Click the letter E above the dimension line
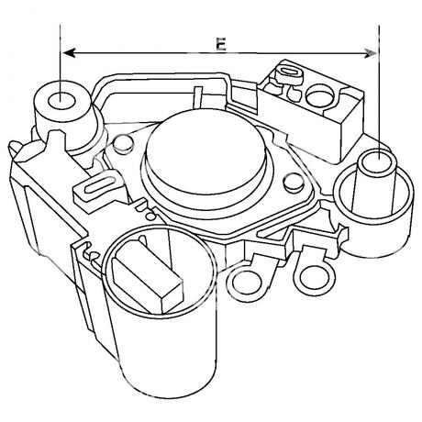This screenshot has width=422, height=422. (220, 45)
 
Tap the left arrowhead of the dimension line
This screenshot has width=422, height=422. (69, 53)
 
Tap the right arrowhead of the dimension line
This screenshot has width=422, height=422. (371, 53)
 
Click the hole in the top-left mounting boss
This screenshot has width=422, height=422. (61, 100)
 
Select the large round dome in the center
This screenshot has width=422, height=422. (205, 150)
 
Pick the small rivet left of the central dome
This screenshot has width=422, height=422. (123, 144)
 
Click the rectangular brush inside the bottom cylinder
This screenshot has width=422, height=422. (147, 275)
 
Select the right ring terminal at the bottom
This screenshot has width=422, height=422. (315, 277)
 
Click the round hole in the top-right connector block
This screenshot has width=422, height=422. (320, 95)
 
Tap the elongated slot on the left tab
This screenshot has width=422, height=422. (98, 186)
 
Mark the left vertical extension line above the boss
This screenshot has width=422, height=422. (61, 62)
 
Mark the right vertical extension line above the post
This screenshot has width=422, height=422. (379, 92)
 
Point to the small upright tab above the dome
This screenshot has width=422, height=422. (198, 97)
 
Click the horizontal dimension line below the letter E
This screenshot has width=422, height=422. (220, 53)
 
